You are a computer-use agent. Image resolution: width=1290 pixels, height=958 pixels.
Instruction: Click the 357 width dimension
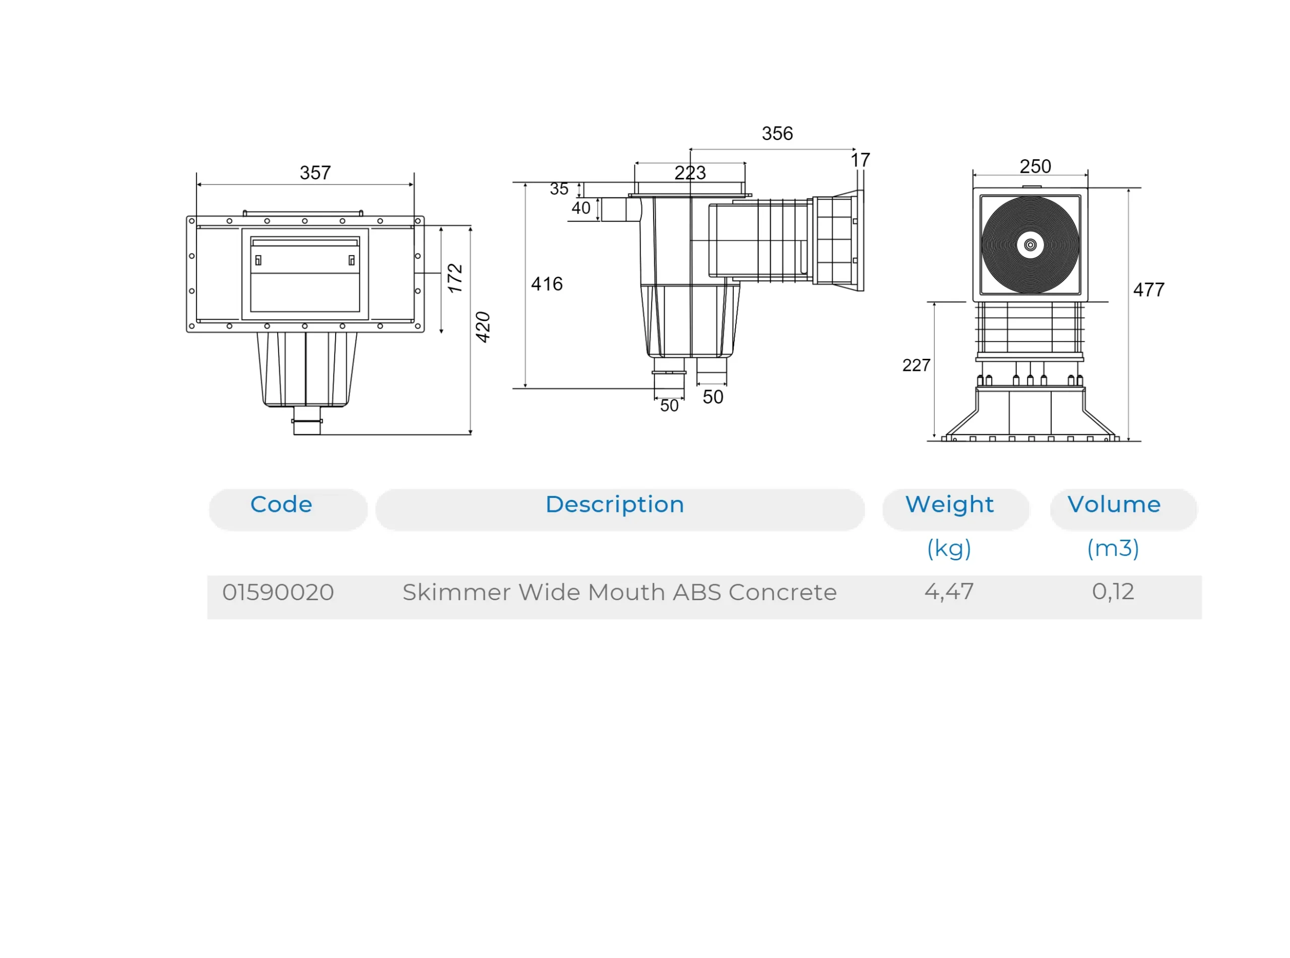coord(315,173)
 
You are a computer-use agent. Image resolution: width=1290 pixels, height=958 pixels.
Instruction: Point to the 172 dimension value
coord(455,278)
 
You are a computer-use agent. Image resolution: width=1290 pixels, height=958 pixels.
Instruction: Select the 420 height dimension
coord(482,327)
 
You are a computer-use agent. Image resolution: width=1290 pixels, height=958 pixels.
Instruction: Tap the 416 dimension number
coord(547,284)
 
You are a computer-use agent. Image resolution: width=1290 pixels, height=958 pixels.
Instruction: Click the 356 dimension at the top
coord(777,134)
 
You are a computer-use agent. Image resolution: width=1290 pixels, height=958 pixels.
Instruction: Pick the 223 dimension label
coord(690,173)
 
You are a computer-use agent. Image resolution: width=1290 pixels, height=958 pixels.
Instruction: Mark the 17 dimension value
coord(860,160)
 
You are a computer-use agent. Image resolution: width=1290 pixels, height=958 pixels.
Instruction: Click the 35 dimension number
coord(559,189)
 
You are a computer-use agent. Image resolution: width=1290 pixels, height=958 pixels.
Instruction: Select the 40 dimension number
coord(581,208)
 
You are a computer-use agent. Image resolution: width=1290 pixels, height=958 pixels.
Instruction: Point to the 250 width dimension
coord(1035,166)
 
